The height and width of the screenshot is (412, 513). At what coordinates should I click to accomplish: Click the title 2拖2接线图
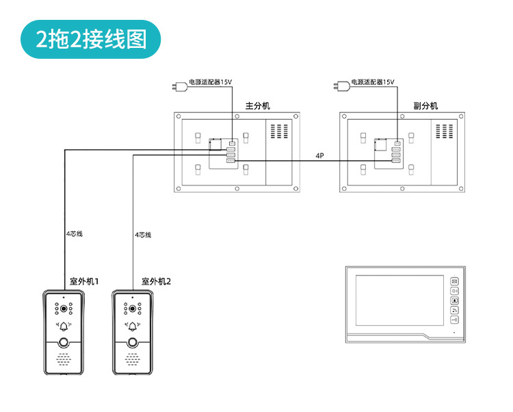pos(92,39)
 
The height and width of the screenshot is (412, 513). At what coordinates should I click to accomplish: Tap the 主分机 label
pos(258,106)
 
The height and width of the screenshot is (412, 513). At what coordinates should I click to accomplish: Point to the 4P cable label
pos(319,156)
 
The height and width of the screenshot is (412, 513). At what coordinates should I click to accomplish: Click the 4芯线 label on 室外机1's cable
pos(75,234)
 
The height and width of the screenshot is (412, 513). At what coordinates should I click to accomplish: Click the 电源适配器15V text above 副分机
pos(373,82)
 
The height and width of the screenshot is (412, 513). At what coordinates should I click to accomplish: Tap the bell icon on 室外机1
pos(64,326)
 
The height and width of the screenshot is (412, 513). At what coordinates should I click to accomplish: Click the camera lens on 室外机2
pos(133,308)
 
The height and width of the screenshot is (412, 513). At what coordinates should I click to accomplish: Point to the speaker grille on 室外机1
pos(64,359)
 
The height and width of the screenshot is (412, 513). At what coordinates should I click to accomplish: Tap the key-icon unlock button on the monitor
pos(455,320)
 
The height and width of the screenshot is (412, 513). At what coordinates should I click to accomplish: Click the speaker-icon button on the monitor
pos(455,291)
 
